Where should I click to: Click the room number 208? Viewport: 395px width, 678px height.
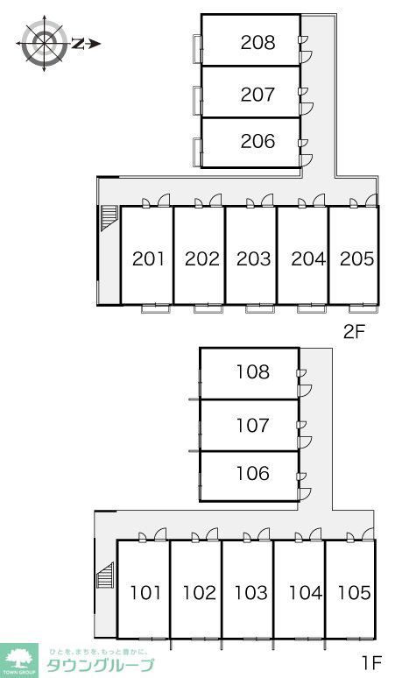tap(257, 42)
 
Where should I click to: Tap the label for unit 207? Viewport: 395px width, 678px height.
tap(257, 95)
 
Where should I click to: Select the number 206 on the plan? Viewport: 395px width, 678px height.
tap(257, 141)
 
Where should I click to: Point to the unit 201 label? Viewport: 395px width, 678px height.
tap(148, 258)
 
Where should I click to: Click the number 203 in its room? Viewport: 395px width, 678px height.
tap(254, 258)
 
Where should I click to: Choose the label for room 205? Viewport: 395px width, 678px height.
tap(357, 258)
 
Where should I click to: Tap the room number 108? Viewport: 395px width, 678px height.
tap(253, 372)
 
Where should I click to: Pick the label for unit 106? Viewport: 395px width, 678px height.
tap(253, 474)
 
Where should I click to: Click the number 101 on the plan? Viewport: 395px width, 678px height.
tap(145, 592)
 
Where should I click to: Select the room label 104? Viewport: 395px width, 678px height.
tap(306, 592)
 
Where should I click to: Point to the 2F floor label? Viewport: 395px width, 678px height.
tap(355, 331)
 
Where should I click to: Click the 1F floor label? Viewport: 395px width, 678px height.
tap(371, 661)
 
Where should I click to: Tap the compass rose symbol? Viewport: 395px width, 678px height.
tap(44, 43)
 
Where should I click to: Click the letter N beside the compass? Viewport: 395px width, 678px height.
tap(78, 43)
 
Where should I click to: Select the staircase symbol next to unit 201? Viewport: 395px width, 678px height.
tap(109, 218)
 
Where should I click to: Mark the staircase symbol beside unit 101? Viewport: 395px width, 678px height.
tap(105, 576)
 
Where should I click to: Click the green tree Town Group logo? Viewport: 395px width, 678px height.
tap(19, 660)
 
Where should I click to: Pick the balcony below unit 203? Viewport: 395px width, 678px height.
tap(259, 308)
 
